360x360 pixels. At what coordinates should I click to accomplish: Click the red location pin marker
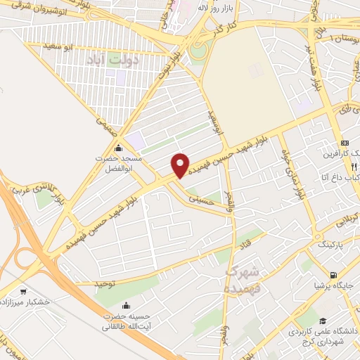pos(181,165)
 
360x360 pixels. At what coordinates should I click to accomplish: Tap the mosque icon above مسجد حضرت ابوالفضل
pos(118,148)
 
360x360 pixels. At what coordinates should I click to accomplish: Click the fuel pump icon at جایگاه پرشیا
pos(333,275)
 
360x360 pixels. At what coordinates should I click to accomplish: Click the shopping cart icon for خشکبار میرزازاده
pos(24,291)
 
